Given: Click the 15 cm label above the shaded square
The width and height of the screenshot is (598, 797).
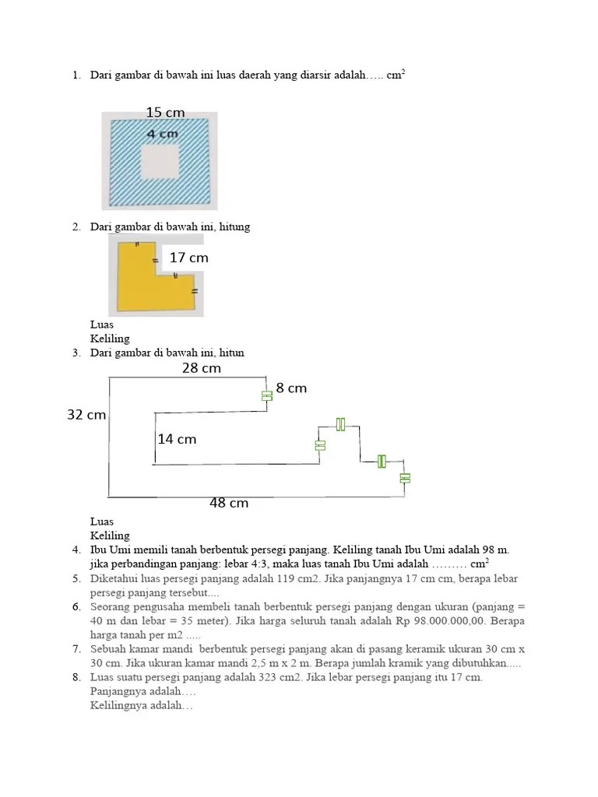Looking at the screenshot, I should [165, 113].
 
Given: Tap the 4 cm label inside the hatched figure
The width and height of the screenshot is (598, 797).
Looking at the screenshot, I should [163, 134].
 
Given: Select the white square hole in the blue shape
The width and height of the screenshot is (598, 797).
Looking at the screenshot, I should [160, 161].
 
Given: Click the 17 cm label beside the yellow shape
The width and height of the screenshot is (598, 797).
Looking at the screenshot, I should [188, 258].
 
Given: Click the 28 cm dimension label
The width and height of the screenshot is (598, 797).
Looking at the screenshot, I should [202, 368].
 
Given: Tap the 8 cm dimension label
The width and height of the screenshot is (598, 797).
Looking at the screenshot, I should [291, 388].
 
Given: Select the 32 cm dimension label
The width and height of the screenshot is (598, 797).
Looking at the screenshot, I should [86, 415].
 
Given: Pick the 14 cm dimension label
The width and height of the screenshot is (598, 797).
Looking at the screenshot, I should [177, 439].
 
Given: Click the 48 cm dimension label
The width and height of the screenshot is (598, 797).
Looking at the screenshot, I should [229, 503].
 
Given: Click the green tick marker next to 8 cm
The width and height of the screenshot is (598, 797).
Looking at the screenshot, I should [266, 395].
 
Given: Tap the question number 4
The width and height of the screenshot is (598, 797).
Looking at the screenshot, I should [76, 550].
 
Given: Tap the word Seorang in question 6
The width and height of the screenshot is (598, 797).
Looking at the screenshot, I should [111, 607].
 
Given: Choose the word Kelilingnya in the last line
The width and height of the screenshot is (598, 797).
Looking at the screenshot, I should [117, 706].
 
